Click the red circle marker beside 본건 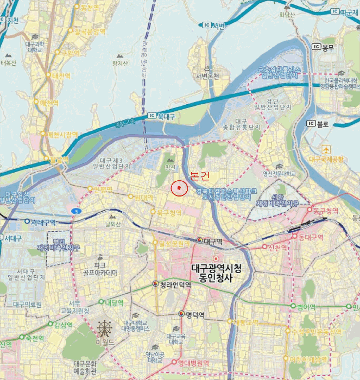point(179,188)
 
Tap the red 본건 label point(199,176)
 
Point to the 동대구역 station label point(310,237)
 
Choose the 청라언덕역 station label point(176,285)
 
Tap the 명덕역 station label point(194,315)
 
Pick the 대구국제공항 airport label point(326,160)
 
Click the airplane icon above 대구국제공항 point(326,149)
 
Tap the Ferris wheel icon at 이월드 point(104,327)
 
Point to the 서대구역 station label point(43,221)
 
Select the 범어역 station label point(306,307)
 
